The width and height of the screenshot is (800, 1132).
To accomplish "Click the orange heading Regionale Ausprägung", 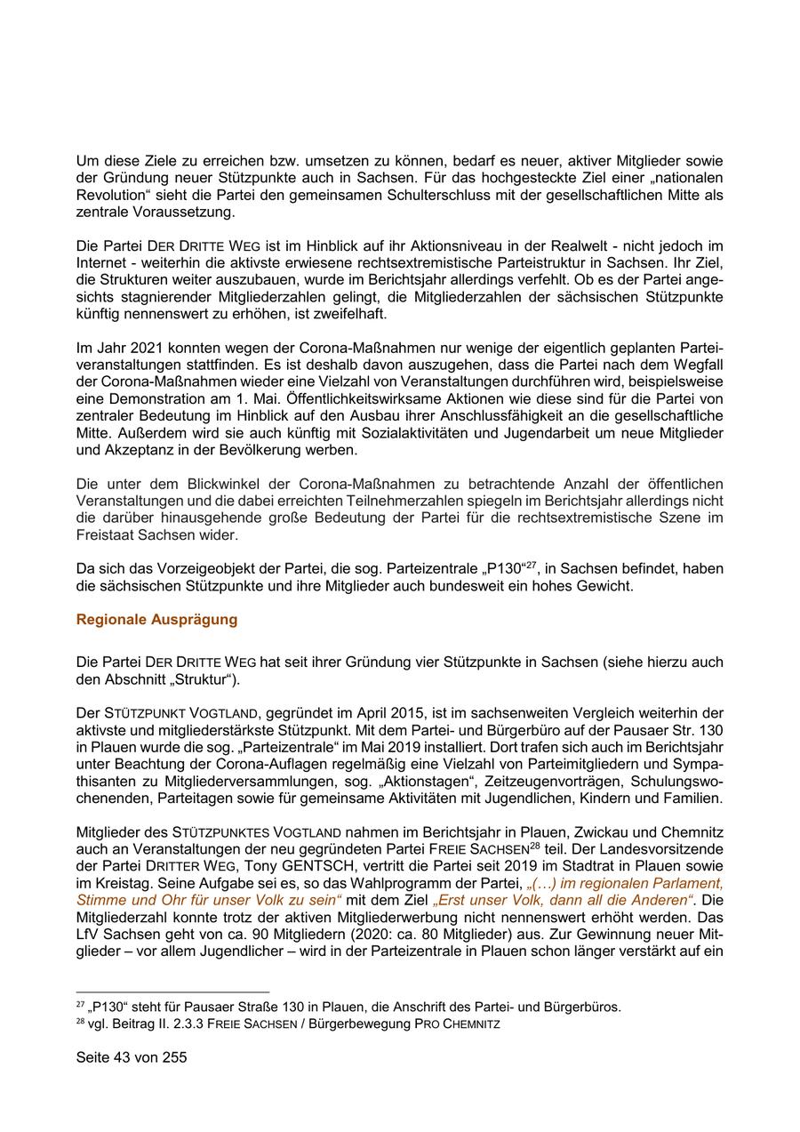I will pyautogui.click(x=156, y=620).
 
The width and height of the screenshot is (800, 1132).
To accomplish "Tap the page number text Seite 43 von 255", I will pyautogui.click(x=132, y=1058).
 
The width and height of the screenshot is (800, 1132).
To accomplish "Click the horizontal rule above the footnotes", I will pyautogui.click(x=172, y=992).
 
